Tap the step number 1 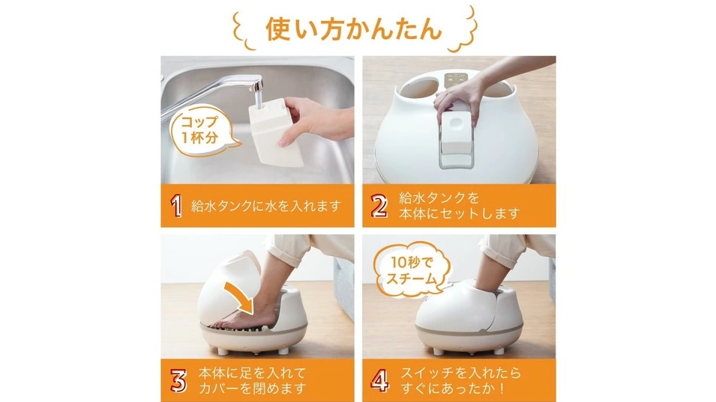[176, 206]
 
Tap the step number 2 [379, 206]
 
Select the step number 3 [177, 380]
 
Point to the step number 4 [380, 380]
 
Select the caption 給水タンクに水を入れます [267, 206]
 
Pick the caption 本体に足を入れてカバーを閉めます [251, 380]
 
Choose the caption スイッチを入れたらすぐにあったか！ [460, 380]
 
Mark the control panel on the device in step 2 [455, 79]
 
